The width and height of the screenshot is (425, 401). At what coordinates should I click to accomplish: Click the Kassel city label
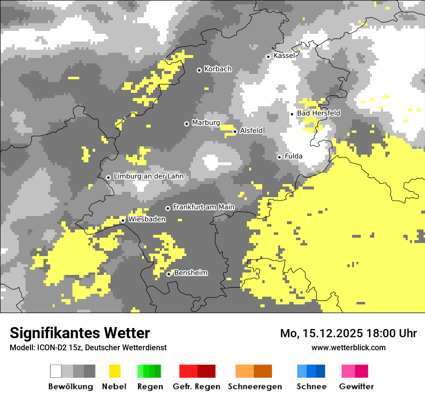pyautogui.click(x=284, y=56)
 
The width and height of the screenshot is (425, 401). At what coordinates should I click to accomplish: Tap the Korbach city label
pyautogui.click(x=218, y=69)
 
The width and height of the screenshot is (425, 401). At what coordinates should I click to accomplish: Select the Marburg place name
pyautogui.click(x=206, y=123)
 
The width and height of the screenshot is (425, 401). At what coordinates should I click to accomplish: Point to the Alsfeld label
pyautogui.click(x=251, y=130)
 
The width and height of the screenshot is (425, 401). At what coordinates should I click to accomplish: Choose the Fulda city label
pyautogui.click(x=294, y=156)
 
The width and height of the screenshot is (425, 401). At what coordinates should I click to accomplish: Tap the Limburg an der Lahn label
pyautogui.click(x=148, y=176)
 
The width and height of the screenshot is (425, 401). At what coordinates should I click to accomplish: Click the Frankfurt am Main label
pyautogui.click(x=203, y=207)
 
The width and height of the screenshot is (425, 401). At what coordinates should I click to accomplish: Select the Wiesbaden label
pyautogui.click(x=147, y=219)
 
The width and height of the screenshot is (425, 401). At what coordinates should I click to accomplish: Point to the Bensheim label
pyautogui.click(x=190, y=273)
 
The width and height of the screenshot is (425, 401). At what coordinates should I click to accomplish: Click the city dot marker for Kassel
pyautogui.click(x=269, y=57)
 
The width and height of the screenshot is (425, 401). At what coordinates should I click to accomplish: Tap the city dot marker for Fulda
pyautogui.click(x=279, y=157)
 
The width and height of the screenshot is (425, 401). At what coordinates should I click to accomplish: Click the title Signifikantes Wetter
pyautogui.click(x=80, y=333)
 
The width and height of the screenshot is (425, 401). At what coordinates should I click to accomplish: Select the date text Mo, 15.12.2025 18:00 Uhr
pyautogui.click(x=348, y=333)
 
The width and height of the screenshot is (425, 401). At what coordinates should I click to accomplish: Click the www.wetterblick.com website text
pyautogui.click(x=348, y=347)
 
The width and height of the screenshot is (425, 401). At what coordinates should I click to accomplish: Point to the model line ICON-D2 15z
pyautogui.click(x=88, y=347)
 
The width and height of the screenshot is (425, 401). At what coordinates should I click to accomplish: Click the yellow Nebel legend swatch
pyautogui.click(x=114, y=371)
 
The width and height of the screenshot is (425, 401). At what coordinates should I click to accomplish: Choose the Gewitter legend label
pyautogui.click(x=356, y=387)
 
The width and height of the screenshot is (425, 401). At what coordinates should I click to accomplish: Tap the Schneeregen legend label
pyautogui.click(x=255, y=387)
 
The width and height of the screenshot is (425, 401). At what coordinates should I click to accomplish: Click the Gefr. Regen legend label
pyautogui.click(x=197, y=387)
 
